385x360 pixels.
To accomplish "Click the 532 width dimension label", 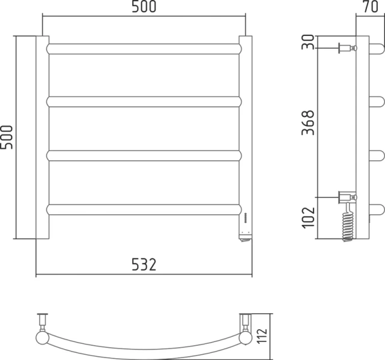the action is coord(144,265).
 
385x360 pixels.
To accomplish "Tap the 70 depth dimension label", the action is coord(371,7).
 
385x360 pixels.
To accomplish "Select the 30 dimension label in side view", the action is coord(308,42).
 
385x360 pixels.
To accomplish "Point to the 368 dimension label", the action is coord(308,122).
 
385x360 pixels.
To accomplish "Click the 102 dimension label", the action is coord(308,218).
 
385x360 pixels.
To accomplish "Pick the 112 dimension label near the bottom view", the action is coord(262,336).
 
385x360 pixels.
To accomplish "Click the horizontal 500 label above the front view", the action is coord(144,7).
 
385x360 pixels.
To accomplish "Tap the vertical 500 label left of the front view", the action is coord(6,137).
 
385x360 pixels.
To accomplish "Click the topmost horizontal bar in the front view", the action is coord(144,49).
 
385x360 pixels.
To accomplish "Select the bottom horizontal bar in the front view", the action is coord(144,209).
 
